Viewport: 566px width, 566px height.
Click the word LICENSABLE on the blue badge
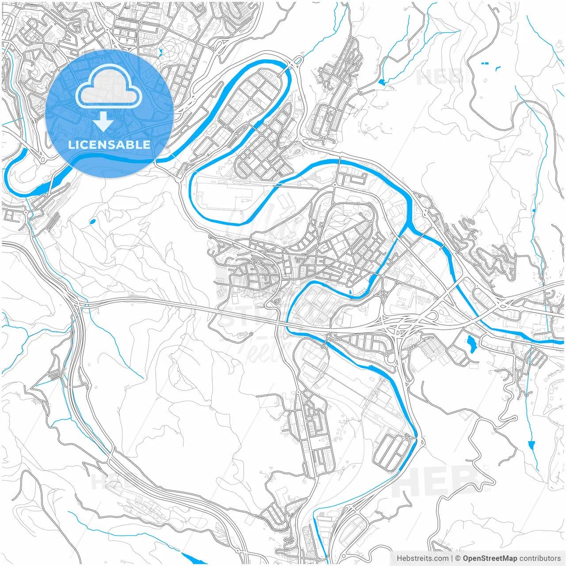pyautogui.click(x=109, y=145)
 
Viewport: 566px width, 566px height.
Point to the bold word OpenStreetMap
pyautogui.click(x=490, y=558)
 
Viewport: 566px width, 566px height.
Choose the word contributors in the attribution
pyautogui.click(x=540, y=558)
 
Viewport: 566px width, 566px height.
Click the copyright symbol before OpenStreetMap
pyautogui.click(x=458, y=558)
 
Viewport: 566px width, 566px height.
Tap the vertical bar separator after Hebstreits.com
pyautogui.click(x=452, y=558)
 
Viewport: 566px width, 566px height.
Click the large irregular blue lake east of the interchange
pyautogui.click(x=470, y=343)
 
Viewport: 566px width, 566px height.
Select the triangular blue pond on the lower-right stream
pyautogui.click(x=532, y=444)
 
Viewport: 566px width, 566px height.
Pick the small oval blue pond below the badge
pyautogui.click(x=92, y=221)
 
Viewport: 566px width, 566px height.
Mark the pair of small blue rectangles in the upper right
pyautogui.click(x=485, y=64)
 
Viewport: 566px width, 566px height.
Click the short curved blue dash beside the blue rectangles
pyautogui.click(x=498, y=68)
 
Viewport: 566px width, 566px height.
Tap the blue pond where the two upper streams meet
pyautogui.click(x=382, y=82)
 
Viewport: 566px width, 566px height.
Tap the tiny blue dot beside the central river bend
pyautogui.click(x=350, y=292)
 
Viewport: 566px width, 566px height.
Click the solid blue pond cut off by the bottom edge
pyautogui.click(x=192, y=558)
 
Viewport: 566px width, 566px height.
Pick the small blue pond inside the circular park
pyautogui.click(x=160, y=52)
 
